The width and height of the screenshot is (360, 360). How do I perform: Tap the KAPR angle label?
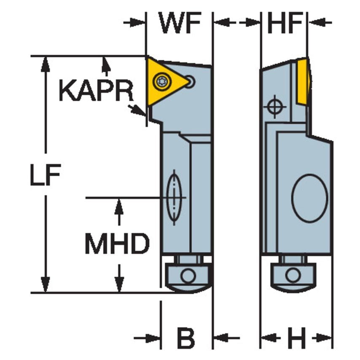click(x=96, y=91)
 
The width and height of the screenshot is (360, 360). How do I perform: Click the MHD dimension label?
click(x=117, y=244)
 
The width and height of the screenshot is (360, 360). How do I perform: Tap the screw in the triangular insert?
click(x=161, y=81)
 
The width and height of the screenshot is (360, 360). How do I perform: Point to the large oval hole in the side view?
click(x=310, y=198)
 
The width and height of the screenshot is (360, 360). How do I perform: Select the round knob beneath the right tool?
click(x=291, y=276)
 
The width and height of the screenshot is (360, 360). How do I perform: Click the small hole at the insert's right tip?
click(x=191, y=81)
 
